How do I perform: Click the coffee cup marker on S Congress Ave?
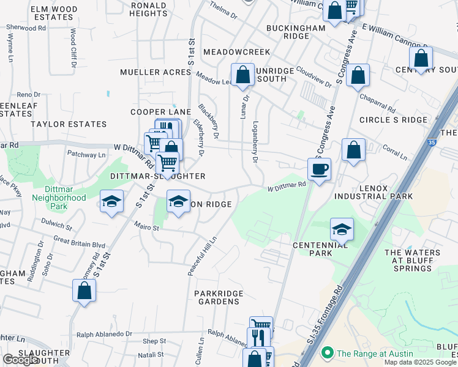[x=319, y=169]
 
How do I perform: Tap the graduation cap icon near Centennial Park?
[x=342, y=229]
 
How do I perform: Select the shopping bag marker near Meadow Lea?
[x=242, y=75]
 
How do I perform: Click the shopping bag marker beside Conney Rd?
[x=84, y=291]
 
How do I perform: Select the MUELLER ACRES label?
[x=155, y=72]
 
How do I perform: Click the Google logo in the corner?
[x=20, y=360]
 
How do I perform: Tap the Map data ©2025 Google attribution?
[x=419, y=362]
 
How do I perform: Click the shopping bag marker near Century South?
[x=421, y=58]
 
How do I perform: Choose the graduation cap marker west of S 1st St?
[x=111, y=202]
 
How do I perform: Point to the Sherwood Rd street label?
[x=26, y=28]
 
